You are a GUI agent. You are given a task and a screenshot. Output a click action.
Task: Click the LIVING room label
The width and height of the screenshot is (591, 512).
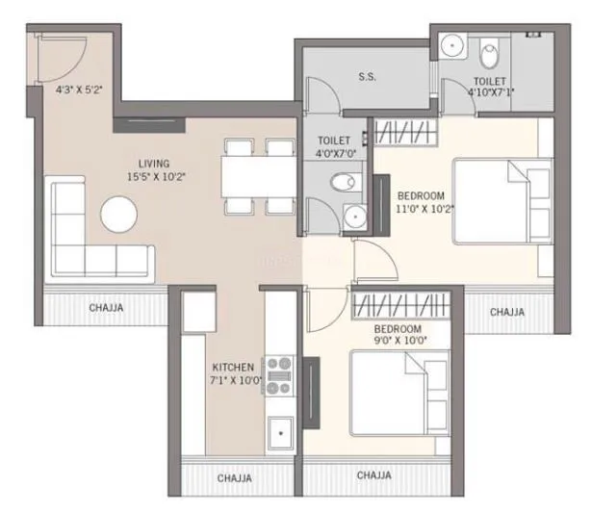(x=155, y=163)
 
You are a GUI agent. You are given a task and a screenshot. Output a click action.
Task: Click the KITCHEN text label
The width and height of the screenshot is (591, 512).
(x=233, y=367)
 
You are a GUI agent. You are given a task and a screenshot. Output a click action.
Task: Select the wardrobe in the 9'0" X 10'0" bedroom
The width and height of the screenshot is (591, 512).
(x=401, y=305)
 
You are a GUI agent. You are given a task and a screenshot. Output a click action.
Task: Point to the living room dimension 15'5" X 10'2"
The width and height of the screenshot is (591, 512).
(x=155, y=177)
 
